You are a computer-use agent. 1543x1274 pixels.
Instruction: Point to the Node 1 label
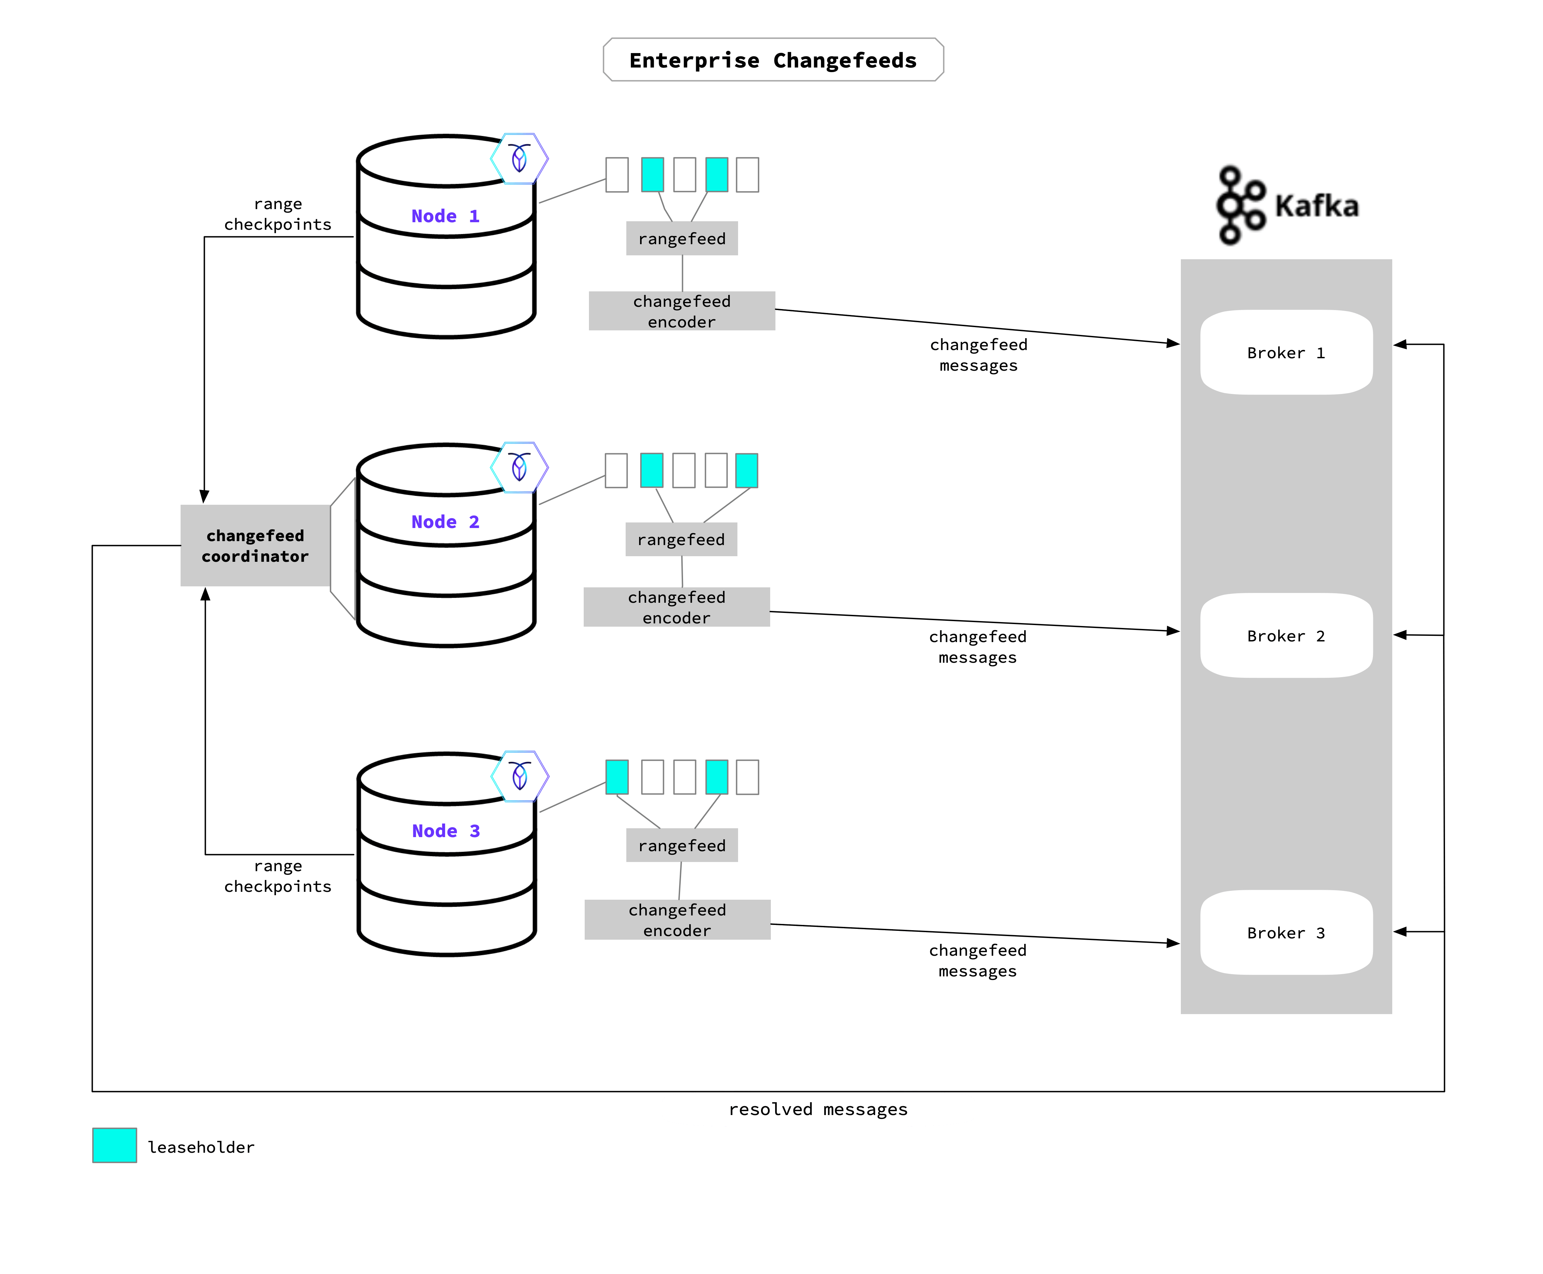pyautogui.click(x=445, y=216)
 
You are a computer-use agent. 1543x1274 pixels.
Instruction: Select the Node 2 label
pyautogui.click(x=445, y=522)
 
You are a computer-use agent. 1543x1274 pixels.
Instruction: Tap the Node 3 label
pyautogui.click(x=445, y=831)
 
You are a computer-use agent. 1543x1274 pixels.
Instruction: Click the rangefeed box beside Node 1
pyautogui.click(x=682, y=239)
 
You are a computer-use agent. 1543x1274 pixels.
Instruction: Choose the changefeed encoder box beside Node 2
pyautogui.click(x=676, y=607)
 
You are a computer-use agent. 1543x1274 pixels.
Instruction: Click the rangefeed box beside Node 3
pyautogui.click(x=682, y=845)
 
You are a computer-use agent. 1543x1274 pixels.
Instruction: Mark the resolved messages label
pyautogui.click(x=818, y=1109)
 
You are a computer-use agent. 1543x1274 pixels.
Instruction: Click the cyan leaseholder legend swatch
pyautogui.click(x=114, y=1146)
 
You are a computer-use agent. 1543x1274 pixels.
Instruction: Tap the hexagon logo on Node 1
pyautogui.click(x=519, y=159)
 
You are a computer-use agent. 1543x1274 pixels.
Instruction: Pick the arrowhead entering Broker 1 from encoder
pyautogui.click(x=1172, y=343)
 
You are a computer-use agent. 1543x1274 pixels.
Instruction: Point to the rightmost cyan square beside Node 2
pyautogui.click(x=746, y=470)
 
